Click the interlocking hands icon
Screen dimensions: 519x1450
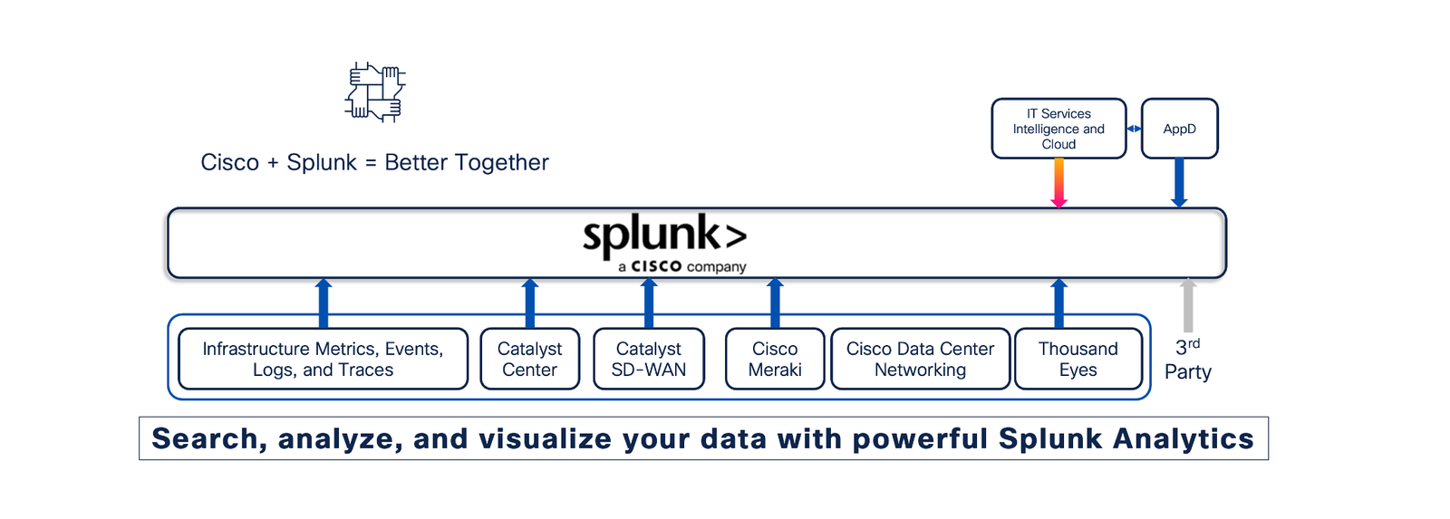pos(375,91)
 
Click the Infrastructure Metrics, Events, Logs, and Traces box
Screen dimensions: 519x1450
pos(323,360)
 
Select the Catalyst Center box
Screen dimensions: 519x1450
pos(529,360)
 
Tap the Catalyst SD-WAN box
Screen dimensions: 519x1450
pos(648,360)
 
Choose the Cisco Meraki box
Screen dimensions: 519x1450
pos(775,360)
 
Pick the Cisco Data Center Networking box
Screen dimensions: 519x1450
pos(920,360)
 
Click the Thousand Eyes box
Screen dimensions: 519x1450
pos(1078,360)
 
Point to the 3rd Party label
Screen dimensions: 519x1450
pos(1187,360)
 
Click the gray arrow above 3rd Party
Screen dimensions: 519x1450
pos(1188,305)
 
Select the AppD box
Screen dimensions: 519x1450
pos(1179,129)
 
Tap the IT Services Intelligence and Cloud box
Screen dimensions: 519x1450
pos(1058,129)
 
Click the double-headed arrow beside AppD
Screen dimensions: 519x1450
pos(1134,129)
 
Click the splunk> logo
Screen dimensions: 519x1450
pos(664,235)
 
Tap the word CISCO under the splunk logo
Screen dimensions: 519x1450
pos(656,266)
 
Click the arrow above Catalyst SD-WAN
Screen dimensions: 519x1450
pos(648,303)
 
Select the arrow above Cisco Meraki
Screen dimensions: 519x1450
pos(775,303)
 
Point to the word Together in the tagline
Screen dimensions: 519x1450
pos(502,163)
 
